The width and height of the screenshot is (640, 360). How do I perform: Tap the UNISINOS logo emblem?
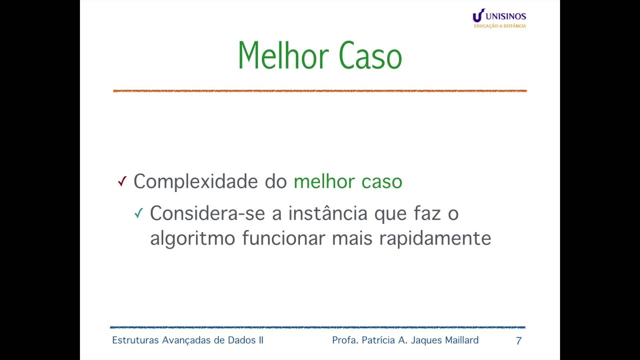pyautogui.click(x=478, y=15)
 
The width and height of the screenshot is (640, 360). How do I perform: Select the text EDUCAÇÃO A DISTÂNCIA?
pyautogui.click(x=499, y=26)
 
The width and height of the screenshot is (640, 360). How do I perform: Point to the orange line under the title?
pyautogui.click(x=320, y=91)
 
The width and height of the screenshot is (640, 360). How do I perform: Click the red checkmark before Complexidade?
pyautogui.click(x=122, y=181)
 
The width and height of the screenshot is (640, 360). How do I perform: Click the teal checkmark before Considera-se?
pyautogui.click(x=138, y=213)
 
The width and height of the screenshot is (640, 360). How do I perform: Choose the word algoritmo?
pyautogui.click(x=192, y=238)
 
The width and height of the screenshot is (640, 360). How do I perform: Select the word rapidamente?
pyautogui.click(x=435, y=238)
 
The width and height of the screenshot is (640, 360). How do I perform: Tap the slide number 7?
pyautogui.click(x=518, y=341)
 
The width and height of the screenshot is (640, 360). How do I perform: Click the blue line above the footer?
pyautogui.click(x=317, y=327)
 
